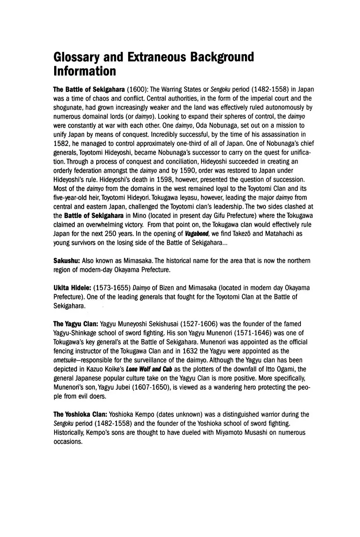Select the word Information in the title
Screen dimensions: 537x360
click(85, 72)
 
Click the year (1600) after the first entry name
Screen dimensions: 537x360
click(134, 90)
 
